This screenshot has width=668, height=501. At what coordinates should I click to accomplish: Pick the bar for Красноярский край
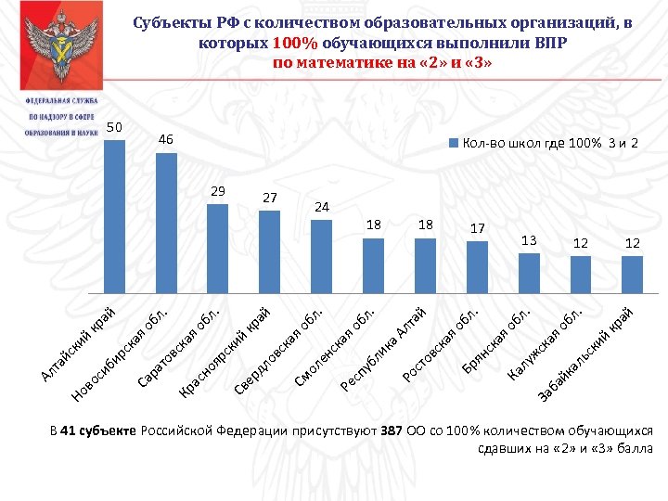tap(269, 250)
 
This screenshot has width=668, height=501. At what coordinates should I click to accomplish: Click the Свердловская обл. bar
tap(321, 255)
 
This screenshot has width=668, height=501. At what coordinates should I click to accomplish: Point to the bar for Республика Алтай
tap(425, 264)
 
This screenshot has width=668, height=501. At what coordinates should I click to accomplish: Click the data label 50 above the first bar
tap(114, 126)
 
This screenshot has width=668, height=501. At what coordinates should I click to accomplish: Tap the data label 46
tap(166, 139)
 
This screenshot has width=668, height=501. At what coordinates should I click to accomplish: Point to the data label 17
tap(477, 227)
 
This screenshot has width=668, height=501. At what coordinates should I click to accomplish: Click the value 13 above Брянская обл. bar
tap(529, 240)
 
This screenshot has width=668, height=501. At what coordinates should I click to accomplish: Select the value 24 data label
tap(321, 206)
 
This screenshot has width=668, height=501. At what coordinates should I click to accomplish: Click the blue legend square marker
tap(454, 143)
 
